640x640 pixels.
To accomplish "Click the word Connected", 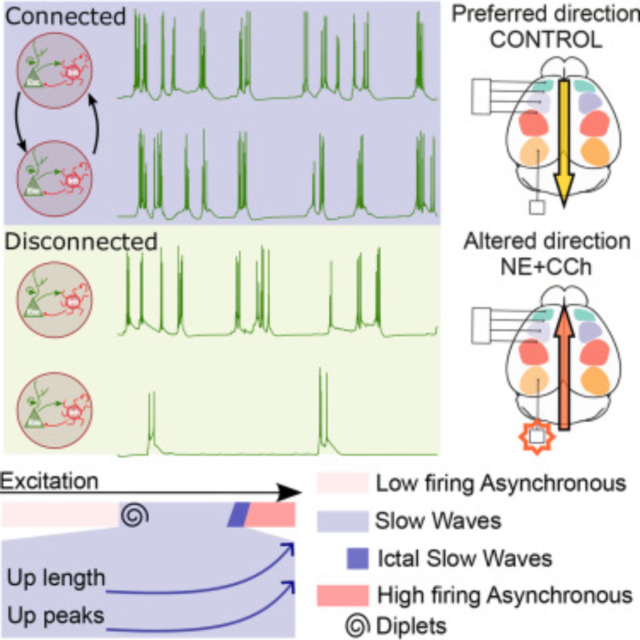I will coord(65,17).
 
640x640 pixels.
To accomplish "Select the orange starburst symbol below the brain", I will coord(537,437).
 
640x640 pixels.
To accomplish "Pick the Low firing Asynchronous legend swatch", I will coord(342,483).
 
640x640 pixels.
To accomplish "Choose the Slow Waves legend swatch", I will coord(342,521).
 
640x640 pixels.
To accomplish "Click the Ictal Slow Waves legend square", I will coord(357,559).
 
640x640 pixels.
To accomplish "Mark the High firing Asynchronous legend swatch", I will coord(342,596).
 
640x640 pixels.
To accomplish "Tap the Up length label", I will coord(56,578).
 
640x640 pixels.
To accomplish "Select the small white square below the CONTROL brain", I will coord(537,208).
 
